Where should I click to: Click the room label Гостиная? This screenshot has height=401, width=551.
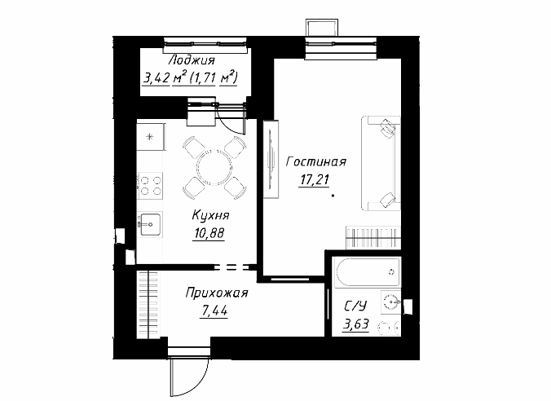316,161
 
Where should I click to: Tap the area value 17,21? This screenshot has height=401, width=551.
314,180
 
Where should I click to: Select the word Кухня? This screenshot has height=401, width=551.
210,215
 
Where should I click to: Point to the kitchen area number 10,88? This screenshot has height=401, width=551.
209,233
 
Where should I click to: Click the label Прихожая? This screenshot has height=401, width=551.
217,293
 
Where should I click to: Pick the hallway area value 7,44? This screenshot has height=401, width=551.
214,311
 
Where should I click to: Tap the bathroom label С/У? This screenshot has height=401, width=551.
355,306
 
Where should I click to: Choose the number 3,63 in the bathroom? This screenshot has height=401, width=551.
356,324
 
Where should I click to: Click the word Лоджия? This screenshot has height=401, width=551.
192,60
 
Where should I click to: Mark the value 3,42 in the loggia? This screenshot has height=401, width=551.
156,78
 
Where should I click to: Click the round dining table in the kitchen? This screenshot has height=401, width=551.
214,167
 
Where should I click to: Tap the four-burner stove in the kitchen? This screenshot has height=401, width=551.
151,186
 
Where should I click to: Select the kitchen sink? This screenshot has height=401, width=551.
150,225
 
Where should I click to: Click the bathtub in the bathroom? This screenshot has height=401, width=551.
368,272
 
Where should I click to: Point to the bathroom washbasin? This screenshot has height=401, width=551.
391,302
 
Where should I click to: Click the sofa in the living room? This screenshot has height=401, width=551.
381,164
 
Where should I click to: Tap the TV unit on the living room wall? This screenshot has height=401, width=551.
271,159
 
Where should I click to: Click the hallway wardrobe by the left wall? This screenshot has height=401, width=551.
148,305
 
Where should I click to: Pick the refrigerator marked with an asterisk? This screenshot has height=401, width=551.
151,136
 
